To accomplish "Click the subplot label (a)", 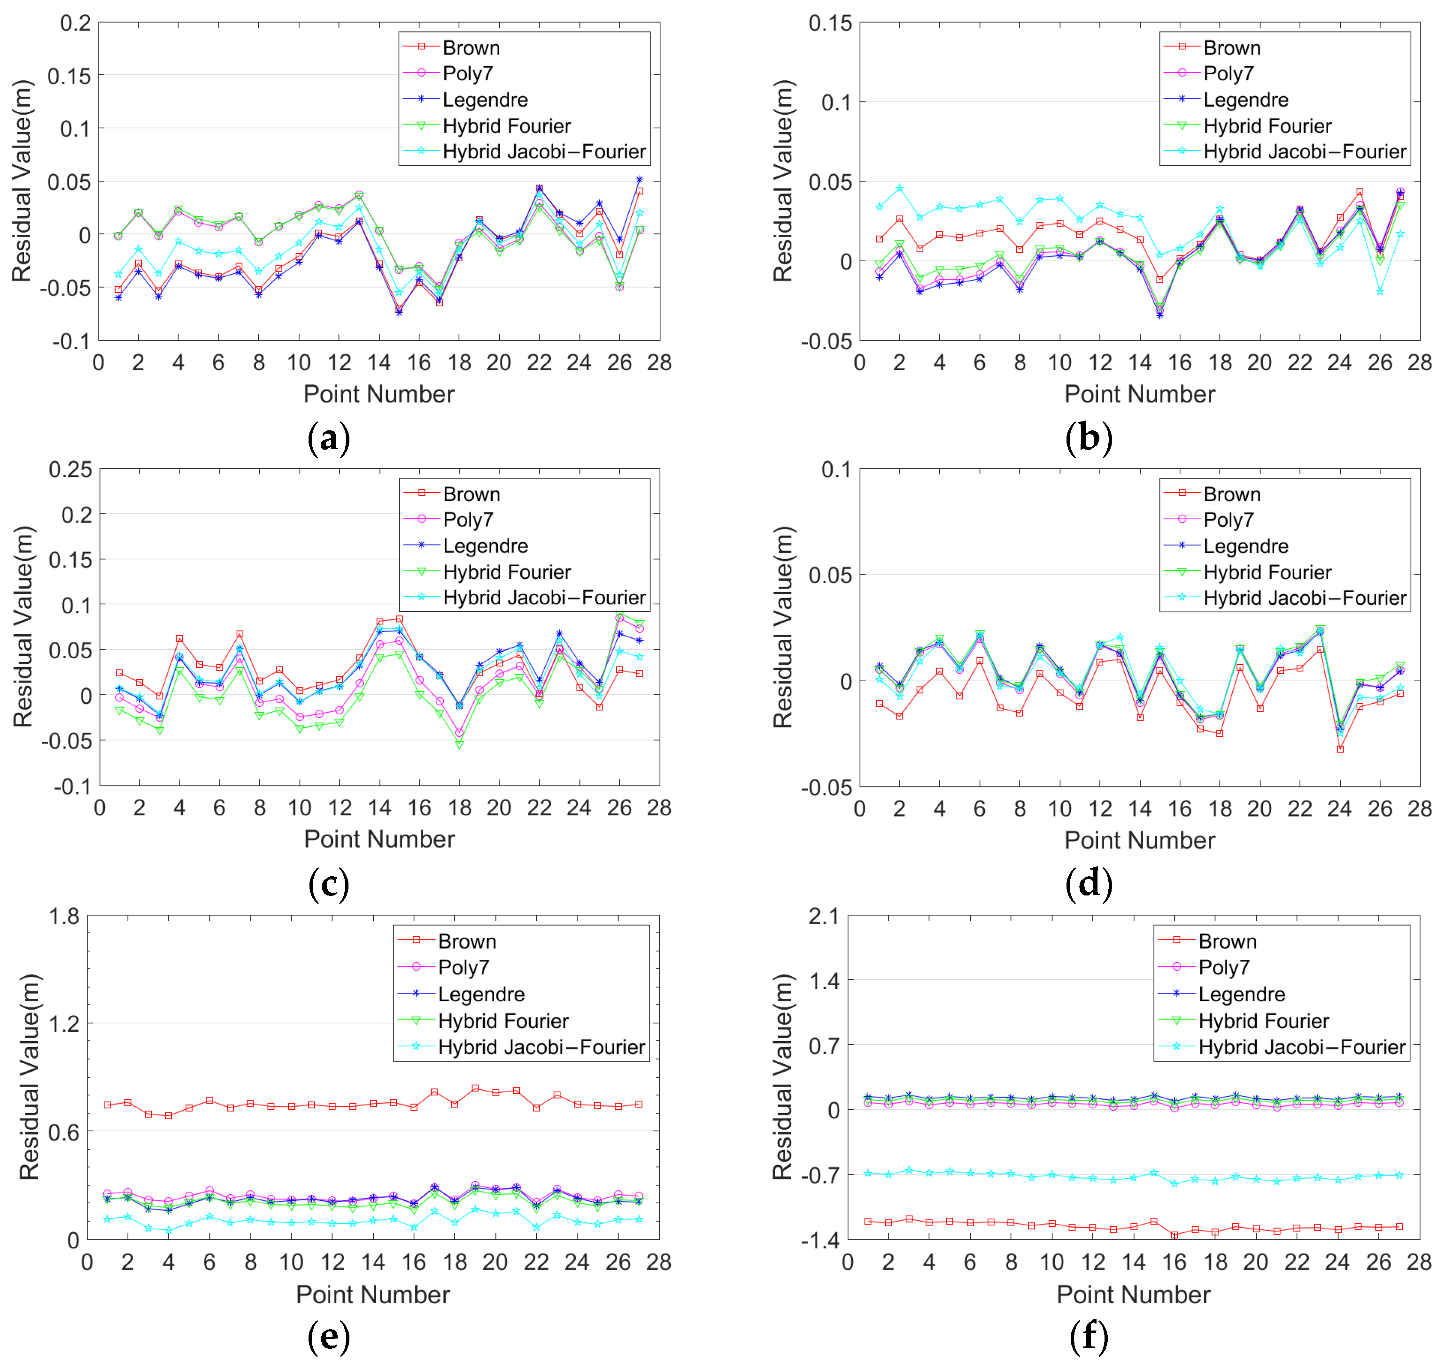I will pyautogui.click(x=329, y=438).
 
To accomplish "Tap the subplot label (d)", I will pyautogui.click(x=1088, y=884).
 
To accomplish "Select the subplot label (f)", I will pyautogui.click(x=1088, y=1336).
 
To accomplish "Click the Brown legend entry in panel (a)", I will pyautogui.click(x=471, y=48).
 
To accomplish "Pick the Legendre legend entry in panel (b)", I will pyautogui.click(x=1245, y=100).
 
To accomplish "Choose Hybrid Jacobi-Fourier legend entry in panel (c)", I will pyautogui.click(x=544, y=598).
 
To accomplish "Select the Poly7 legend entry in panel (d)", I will pyautogui.click(x=1228, y=520).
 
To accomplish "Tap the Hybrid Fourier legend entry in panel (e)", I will pyautogui.click(x=503, y=1021).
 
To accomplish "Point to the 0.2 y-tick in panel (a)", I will pyautogui.click(x=75, y=23).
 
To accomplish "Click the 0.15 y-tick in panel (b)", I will pyautogui.click(x=830, y=23).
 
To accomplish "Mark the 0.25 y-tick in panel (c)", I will pyautogui.click(x=70, y=470).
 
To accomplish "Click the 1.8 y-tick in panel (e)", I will pyautogui.click(x=64, y=916).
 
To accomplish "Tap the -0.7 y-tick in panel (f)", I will pyautogui.click(x=820, y=1175).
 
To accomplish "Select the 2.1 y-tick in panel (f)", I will pyautogui.click(x=824, y=916).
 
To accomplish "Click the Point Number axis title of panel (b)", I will pyautogui.click(x=1139, y=394).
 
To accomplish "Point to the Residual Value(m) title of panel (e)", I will pyautogui.click(x=29, y=1076).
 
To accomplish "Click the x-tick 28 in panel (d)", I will pyautogui.click(x=1419, y=809).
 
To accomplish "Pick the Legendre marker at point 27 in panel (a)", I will pyautogui.click(x=640, y=179).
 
